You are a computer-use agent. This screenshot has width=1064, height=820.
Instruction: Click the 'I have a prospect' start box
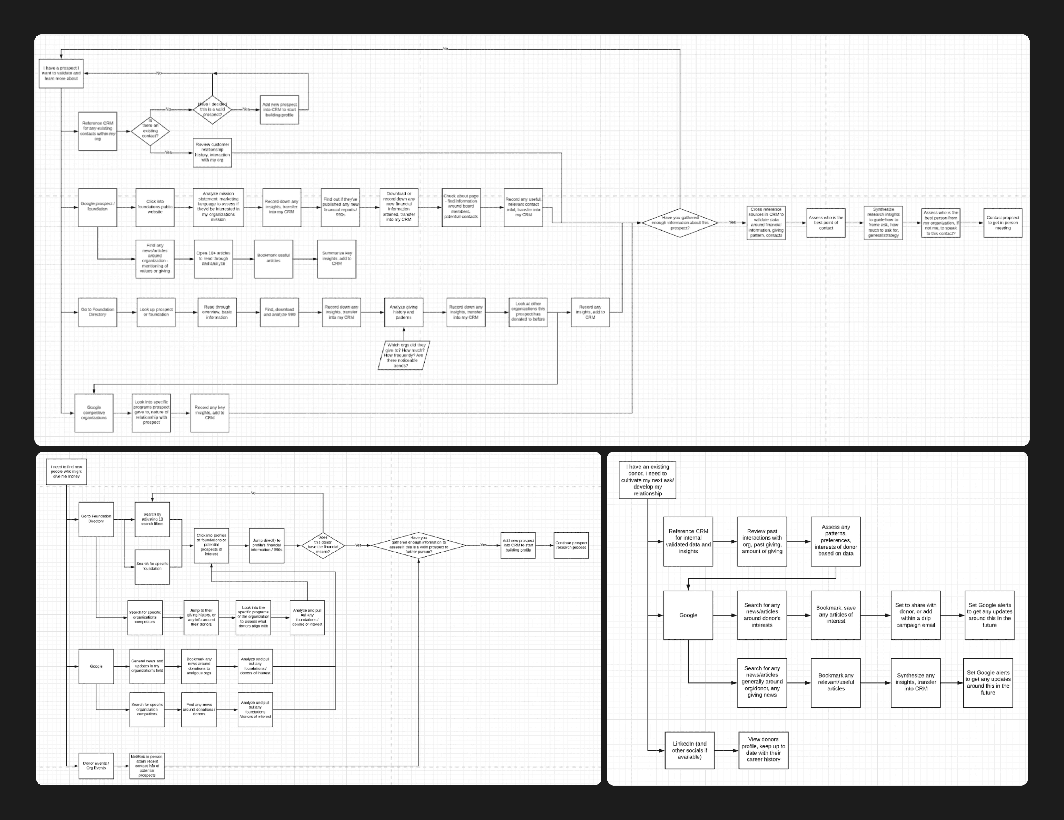[61, 74]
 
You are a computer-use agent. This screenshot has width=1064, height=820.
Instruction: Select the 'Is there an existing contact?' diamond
[150, 131]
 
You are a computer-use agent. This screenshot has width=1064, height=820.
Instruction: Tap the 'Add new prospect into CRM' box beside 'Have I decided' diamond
[279, 109]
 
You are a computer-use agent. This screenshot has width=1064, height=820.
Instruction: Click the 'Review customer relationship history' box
[212, 152]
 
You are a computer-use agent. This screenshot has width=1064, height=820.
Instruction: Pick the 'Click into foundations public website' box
[155, 207]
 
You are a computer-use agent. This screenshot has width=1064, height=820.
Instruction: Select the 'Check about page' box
[461, 207]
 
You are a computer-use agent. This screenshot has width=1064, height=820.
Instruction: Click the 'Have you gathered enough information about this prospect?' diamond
[680, 223]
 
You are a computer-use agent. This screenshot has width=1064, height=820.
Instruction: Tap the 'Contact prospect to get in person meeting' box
[1003, 223]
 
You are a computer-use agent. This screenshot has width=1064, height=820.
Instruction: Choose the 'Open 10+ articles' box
[213, 258]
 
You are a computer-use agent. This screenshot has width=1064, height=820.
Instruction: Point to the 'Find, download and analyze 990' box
[279, 312]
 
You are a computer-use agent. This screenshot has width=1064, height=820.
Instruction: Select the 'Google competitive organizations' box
[94, 413]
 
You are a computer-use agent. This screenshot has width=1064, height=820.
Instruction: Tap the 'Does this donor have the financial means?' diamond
[323, 545]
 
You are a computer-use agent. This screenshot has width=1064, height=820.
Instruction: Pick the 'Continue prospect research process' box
[571, 545]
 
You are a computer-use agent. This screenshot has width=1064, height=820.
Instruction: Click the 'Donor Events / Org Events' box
[96, 766]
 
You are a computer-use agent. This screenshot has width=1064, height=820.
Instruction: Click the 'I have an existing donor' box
[648, 480]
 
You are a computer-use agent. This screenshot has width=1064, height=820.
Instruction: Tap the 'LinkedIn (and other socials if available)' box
[689, 750]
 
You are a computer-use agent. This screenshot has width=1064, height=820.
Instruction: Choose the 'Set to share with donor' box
[916, 615]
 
